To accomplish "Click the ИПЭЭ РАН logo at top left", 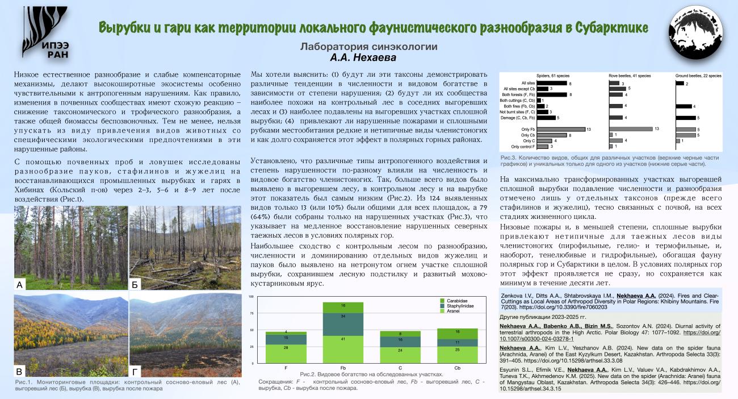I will pos(45,33).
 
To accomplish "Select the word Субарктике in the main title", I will pos(611,28).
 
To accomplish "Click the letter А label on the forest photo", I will pos(20,285).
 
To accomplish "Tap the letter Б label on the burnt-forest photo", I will pos(135,285).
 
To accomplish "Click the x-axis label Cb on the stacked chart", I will pos(458,369).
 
